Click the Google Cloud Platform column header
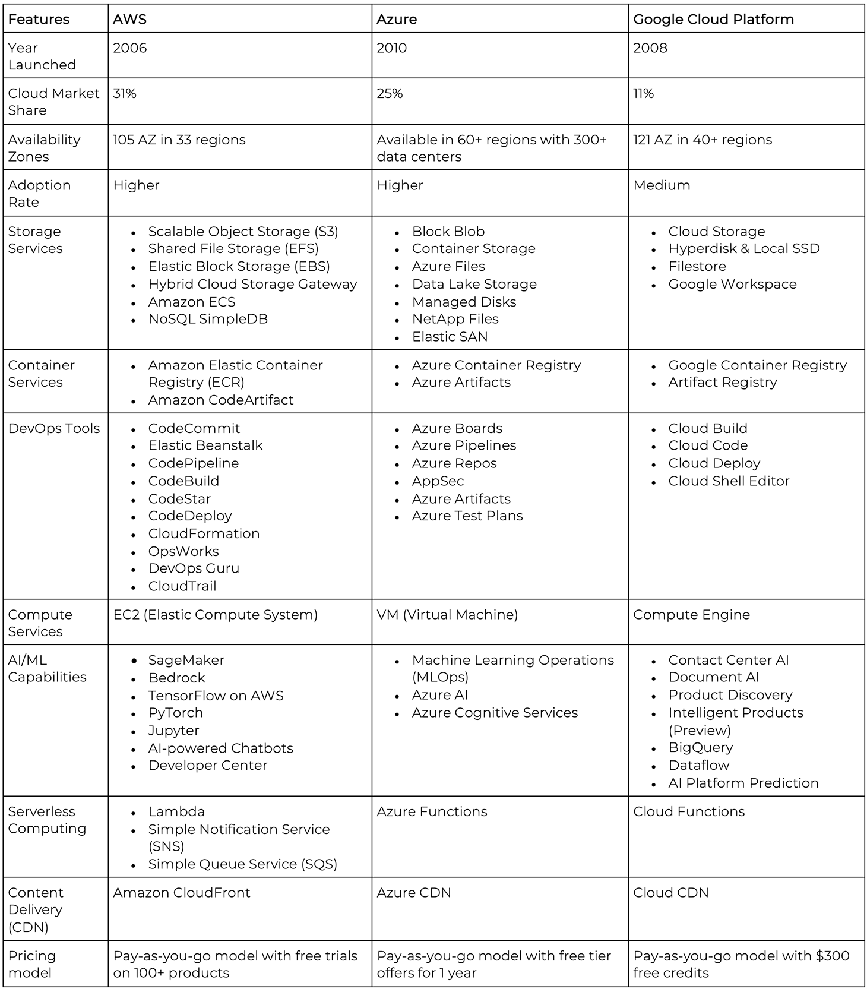713,19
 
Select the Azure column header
397,19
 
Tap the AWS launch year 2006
130,48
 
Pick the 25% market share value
390,94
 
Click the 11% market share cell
643,94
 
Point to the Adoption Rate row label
39,194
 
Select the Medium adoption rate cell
662,185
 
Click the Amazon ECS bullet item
192,302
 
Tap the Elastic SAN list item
450,337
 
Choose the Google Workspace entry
732,284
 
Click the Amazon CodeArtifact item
221,400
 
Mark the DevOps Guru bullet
194,568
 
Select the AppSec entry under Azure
438,481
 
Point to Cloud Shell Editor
729,481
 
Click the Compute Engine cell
691,615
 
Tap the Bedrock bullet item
176,678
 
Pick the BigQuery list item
701,748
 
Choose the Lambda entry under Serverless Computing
176,811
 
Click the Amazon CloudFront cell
182,893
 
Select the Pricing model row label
32,964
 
